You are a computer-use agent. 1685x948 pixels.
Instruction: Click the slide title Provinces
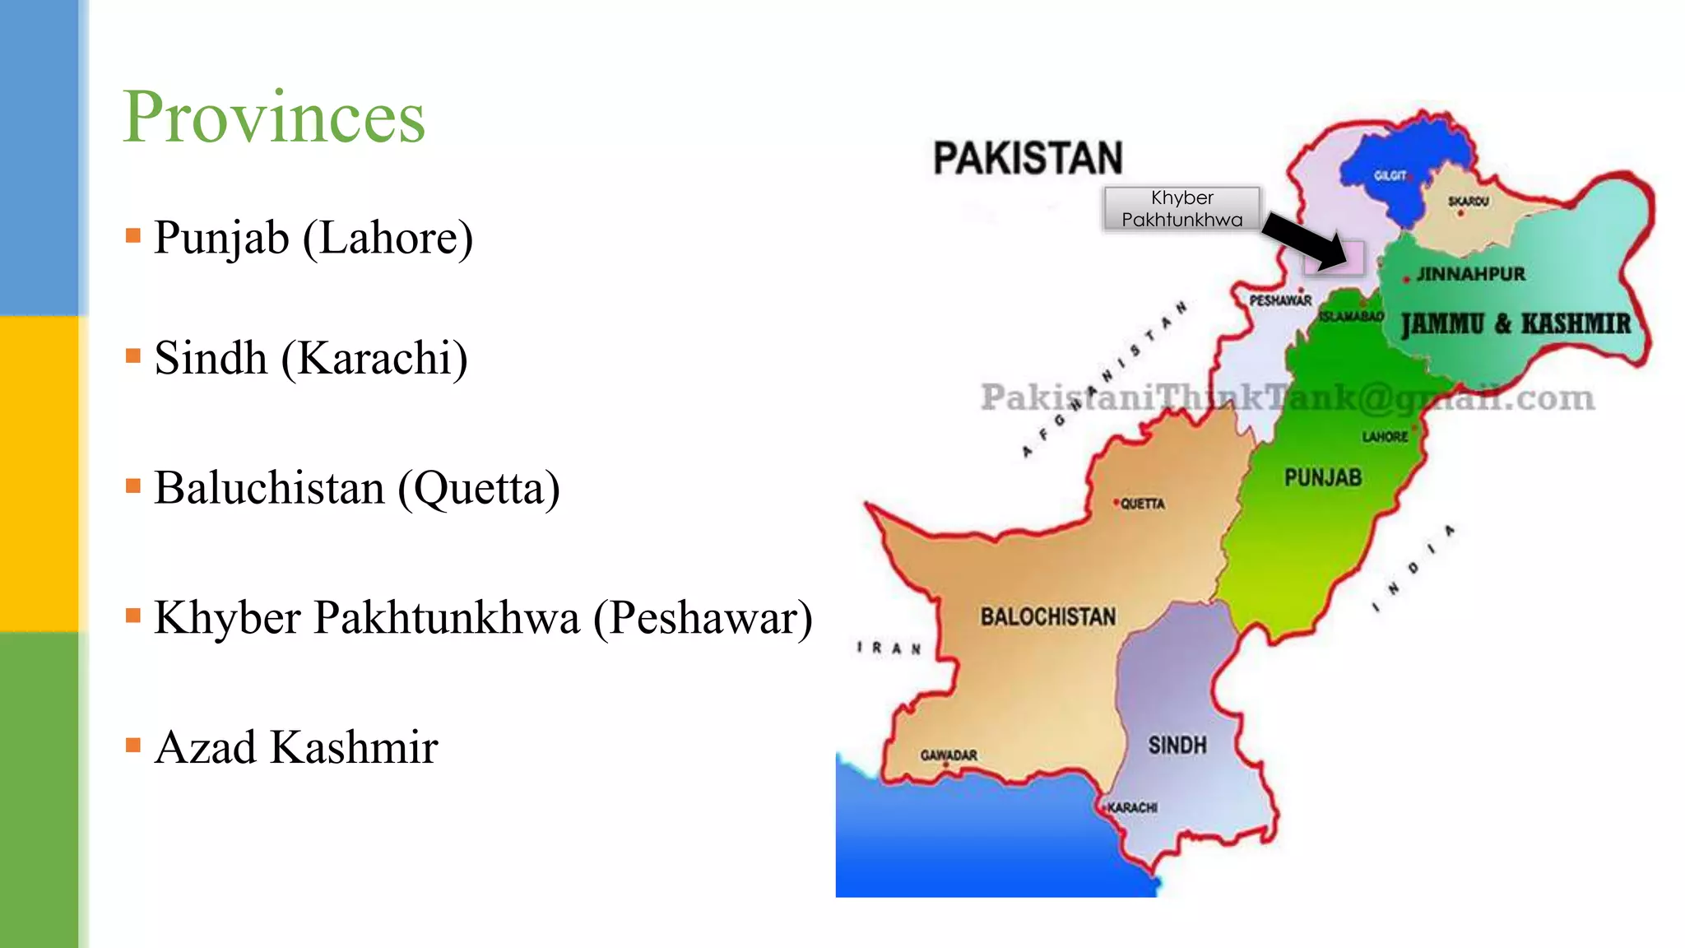[x=274, y=118]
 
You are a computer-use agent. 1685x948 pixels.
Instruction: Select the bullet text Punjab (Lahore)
[x=313, y=238]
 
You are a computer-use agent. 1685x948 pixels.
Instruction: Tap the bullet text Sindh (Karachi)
[x=311, y=358]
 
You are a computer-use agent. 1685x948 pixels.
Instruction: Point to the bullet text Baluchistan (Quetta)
[x=357, y=488]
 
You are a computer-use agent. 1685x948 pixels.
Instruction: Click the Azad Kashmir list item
[x=296, y=747]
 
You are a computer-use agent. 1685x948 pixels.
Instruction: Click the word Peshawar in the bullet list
[x=703, y=618]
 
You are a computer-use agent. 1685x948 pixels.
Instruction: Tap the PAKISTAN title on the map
[x=1028, y=158]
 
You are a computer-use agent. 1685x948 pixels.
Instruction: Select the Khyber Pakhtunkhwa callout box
[x=1181, y=208]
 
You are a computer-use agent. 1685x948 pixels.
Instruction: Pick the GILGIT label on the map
[x=1390, y=176]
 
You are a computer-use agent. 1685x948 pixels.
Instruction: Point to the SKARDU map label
[x=1468, y=201]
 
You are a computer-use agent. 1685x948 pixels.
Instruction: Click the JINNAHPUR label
[x=1470, y=274]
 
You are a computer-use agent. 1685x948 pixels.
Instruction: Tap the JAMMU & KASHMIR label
[x=1516, y=323]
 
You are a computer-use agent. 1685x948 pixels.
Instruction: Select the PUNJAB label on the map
[x=1323, y=478]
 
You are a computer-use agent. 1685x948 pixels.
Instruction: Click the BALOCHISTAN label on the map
[x=1048, y=617]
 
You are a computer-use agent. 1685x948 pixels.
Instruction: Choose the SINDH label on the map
[x=1177, y=746]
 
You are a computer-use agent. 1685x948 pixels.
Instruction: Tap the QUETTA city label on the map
[x=1142, y=504]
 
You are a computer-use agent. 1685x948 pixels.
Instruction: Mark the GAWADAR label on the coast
[x=949, y=755]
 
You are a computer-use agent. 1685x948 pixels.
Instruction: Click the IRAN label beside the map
[x=889, y=648]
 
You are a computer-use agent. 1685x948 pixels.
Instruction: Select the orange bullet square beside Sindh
[x=133, y=356]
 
